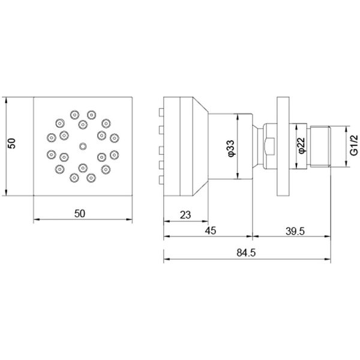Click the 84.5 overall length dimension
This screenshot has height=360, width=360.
[x=246, y=253]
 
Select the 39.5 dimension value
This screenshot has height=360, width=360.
[x=295, y=231]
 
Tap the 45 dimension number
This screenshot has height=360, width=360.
[x=211, y=230]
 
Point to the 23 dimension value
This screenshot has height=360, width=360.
[x=185, y=215]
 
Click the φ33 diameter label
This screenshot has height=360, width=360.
[x=230, y=149]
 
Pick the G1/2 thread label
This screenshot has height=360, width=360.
[x=353, y=145]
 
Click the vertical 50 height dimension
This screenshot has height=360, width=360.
[x=12, y=143]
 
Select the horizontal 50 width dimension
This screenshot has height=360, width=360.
[x=80, y=214]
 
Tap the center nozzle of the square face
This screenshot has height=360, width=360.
[x=83, y=146]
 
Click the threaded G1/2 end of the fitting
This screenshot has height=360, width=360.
[x=320, y=146]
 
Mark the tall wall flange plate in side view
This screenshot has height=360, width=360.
[x=283, y=146]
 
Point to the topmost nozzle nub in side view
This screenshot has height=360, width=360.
[x=161, y=112]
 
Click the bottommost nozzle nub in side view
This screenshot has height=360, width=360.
[x=161, y=180]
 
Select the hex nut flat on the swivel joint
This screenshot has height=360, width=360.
[x=269, y=146]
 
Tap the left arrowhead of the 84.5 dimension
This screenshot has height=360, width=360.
[x=166, y=259]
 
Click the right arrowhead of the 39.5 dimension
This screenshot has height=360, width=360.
[x=328, y=236]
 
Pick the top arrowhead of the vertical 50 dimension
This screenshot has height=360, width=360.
[x=6, y=100]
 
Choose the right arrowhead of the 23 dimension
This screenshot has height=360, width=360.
[x=205, y=221]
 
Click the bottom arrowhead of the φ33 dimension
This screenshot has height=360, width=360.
[x=238, y=176]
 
